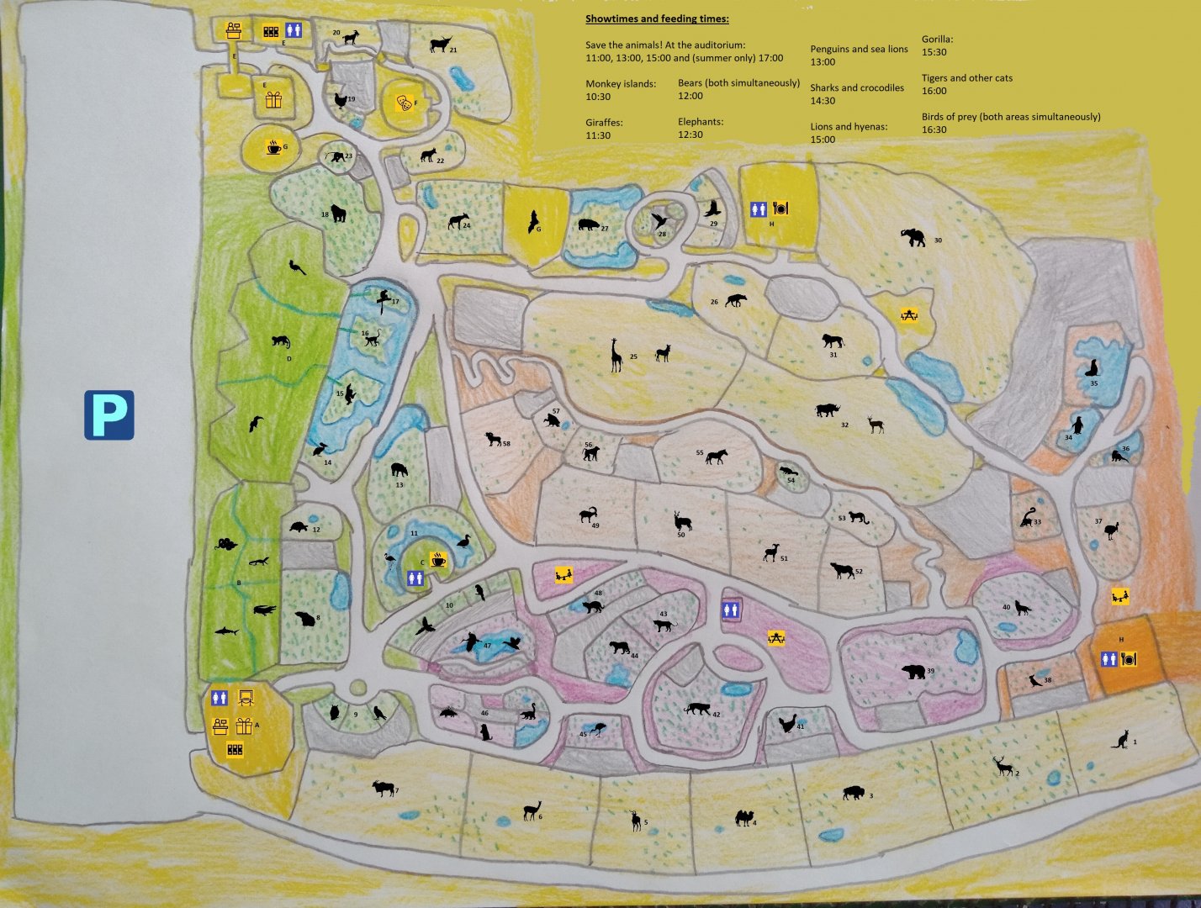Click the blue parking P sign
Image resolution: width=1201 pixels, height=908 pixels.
[108, 414]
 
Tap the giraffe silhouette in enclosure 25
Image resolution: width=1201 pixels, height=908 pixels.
[616, 355]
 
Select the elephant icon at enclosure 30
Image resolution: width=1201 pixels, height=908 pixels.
[913, 237]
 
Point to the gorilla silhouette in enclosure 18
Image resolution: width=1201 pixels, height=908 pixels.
[338, 214]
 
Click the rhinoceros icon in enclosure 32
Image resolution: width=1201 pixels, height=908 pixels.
[827, 410]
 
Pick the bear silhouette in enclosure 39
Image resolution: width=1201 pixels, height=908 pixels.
[913, 672]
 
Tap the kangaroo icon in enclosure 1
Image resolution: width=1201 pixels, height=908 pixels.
[1120, 740]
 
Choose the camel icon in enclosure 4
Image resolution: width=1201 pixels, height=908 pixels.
[743, 817]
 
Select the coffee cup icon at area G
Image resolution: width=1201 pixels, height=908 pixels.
[273, 147]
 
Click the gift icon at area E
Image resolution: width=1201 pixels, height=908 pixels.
[273, 100]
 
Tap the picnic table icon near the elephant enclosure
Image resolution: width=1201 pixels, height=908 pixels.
[908, 315]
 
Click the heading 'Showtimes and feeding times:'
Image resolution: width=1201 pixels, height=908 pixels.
[657, 18]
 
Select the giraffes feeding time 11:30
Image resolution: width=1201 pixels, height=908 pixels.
[598, 135]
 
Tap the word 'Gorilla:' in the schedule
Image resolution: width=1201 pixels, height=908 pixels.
[937, 39]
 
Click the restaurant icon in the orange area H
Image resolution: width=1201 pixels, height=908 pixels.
[1128, 659]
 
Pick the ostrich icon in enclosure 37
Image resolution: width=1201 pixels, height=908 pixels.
[1112, 531]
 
